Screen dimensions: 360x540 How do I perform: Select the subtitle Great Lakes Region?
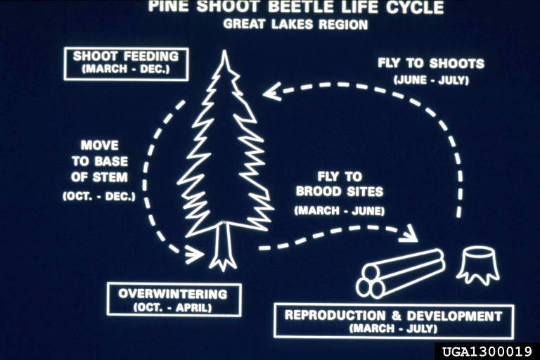[x=295, y=25]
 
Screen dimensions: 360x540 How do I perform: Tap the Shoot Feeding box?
[x=126, y=63]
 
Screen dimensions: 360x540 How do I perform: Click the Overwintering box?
[x=173, y=300]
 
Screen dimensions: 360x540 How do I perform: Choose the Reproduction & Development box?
[x=393, y=321]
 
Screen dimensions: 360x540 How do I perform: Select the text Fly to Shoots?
[x=430, y=63]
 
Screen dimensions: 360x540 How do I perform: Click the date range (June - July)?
[x=431, y=79]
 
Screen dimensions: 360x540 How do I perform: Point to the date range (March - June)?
[x=340, y=210]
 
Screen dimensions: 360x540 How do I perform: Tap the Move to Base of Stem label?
[x=99, y=161]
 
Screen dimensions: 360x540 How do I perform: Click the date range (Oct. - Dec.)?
[x=99, y=195]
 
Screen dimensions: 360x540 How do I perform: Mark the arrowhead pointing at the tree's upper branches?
[x=271, y=92]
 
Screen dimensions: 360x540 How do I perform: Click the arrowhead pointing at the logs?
[x=408, y=234]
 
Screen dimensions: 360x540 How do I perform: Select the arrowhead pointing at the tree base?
[x=194, y=254]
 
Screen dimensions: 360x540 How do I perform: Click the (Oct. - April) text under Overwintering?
[x=173, y=307]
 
